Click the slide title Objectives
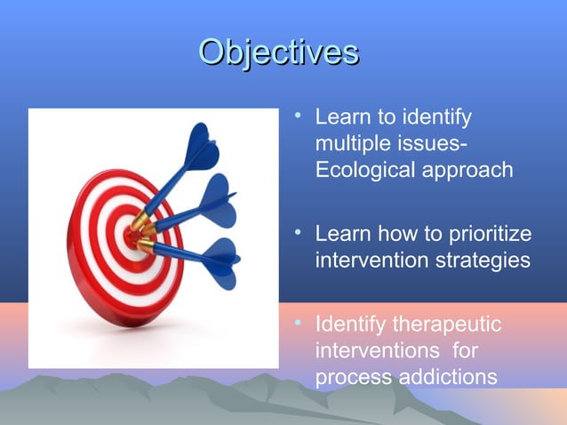coord(279,52)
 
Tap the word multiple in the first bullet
coord(349,144)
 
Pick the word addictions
coord(444,377)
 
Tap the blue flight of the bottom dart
coord(218,259)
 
